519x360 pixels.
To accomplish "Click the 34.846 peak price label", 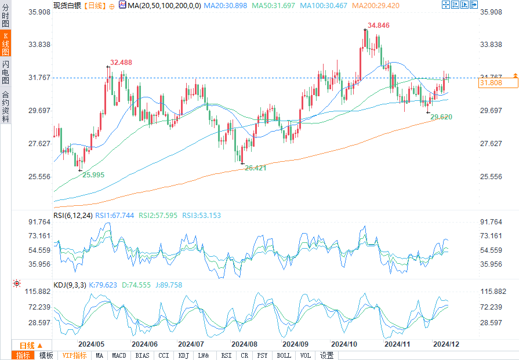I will pyautogui.click(x=379, y=26).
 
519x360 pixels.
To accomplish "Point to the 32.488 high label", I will pyautogui.click(x=121, y=63).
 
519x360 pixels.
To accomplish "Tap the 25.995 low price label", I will pyautogui.click(x=93, y=174).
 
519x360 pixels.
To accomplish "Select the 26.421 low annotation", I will pyautogui.click(x=255, y=168).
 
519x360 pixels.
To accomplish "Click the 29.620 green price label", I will pyautogui.click(x=441, y=117).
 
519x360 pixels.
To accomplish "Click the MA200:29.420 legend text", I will pyautogui.click(x=375, y=5).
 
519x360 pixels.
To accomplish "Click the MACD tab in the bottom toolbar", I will pyautogui.click(x=119, y=355).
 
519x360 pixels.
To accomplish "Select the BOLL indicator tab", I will pyautogui.click(x=284, y=355).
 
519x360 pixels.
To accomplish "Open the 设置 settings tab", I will pyautogui.click(x=326, y=355).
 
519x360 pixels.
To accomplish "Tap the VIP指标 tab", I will pyautogui.click(x=74, y=355).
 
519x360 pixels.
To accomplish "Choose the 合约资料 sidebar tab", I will pyautogui.click(x=6, y=107).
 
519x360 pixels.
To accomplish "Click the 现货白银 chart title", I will pyautogui.click(x=67, y=5).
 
